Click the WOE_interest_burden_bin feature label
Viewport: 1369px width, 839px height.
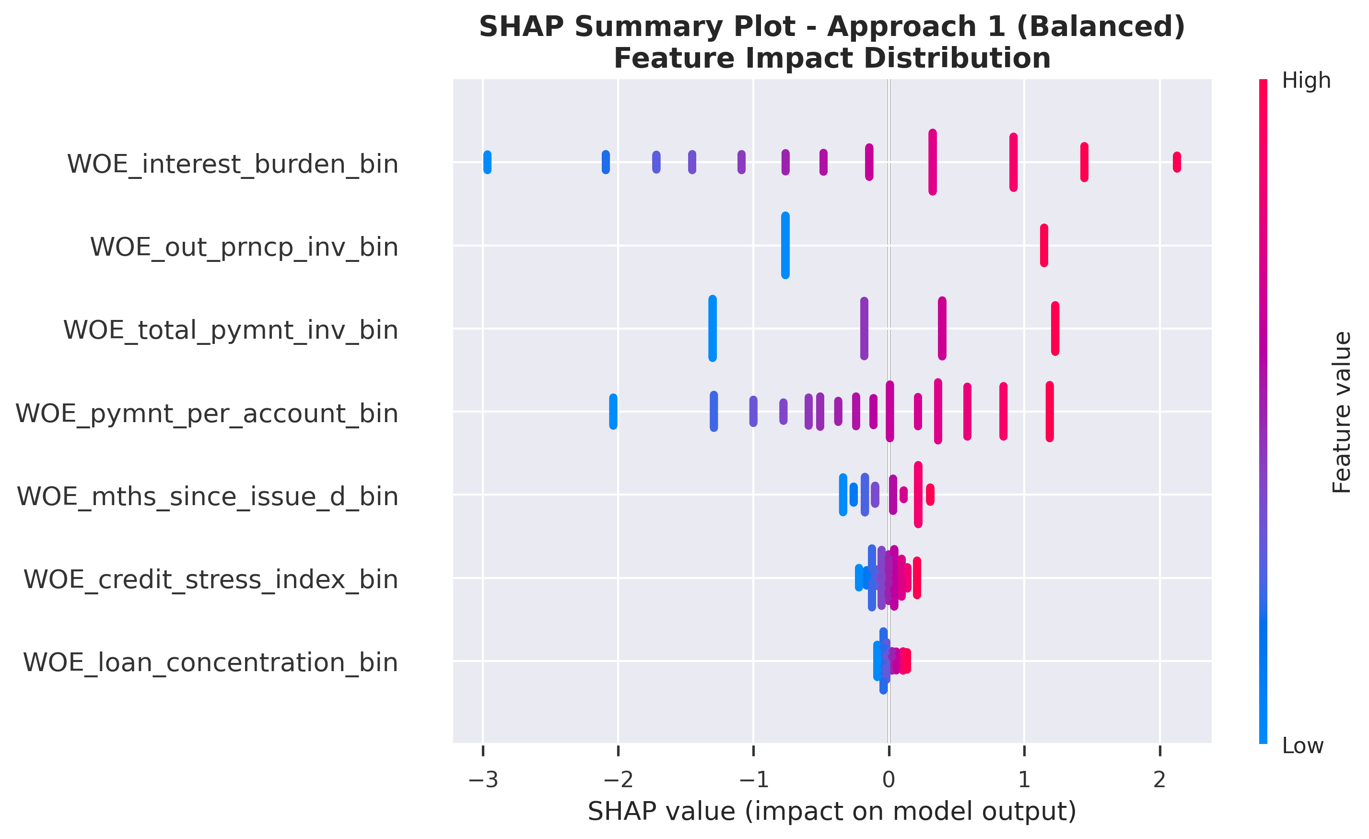232,164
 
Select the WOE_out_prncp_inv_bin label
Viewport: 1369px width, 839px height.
244,247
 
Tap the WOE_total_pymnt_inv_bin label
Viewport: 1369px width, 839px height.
231,330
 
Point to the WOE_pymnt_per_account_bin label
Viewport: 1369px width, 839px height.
207,413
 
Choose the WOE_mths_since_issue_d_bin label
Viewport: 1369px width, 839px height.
207,496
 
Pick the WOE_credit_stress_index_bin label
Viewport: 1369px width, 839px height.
211,579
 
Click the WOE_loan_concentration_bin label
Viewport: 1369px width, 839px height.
210,662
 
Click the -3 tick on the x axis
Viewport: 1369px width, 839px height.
483,780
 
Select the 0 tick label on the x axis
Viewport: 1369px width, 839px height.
889,780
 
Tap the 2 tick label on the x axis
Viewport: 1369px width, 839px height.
1159,780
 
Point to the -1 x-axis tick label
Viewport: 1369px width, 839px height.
753,780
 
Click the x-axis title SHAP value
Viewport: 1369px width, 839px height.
832,812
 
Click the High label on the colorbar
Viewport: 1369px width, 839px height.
1306,81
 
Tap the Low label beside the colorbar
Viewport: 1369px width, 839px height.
1302,745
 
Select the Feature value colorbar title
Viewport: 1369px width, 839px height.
1342,412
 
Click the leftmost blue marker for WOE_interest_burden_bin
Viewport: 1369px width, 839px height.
487,162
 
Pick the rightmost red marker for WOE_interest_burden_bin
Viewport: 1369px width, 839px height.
1177,162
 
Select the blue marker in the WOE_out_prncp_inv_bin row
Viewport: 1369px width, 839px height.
785,245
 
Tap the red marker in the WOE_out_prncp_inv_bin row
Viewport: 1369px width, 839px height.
1044,245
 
